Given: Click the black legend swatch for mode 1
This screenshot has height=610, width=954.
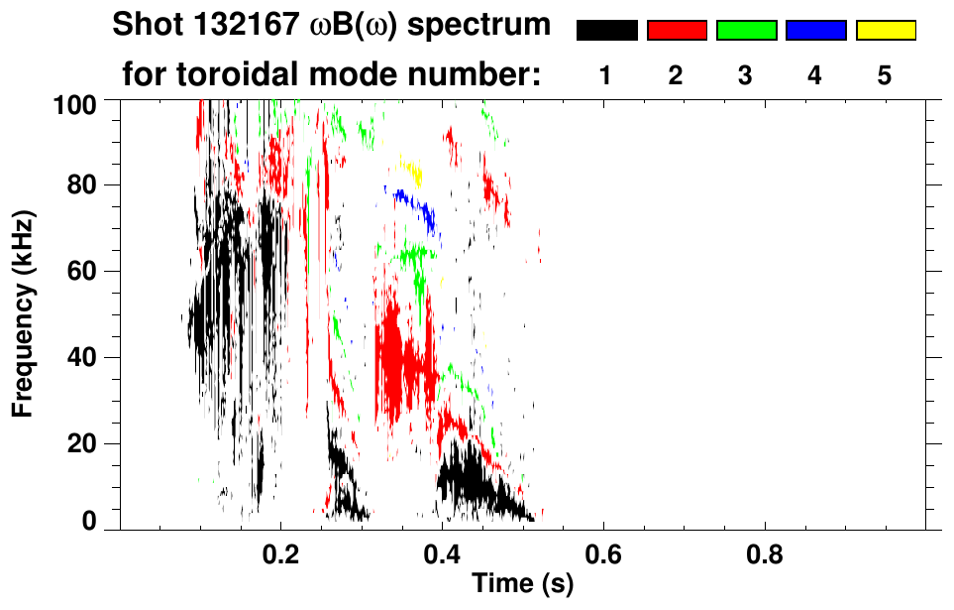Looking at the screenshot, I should click(x=606, y=31).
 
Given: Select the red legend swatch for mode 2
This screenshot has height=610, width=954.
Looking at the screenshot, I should click(x=677, y=31).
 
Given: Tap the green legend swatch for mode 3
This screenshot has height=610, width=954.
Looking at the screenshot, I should click(x=746, y=31).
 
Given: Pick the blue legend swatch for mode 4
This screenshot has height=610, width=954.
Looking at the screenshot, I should click(x=815, y=31).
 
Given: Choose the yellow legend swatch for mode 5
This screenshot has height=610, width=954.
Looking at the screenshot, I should click(x=885, y=31).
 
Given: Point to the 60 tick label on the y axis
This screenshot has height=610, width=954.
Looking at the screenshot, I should click(x=85, y=271).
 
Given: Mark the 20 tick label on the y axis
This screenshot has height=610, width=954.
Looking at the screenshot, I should click(x=85, y=442).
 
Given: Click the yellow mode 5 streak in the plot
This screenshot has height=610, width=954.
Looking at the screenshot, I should click(x=411, y=171).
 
